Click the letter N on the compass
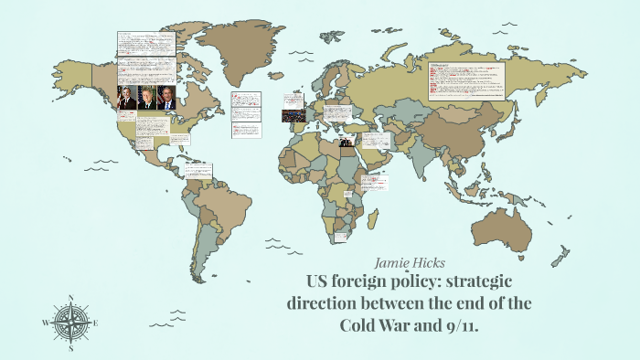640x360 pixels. pos(71,298)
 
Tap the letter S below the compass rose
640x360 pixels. pos(71,347)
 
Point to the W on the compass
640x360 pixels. pos(45,323)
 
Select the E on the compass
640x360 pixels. pos(96,323)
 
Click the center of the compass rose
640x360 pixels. pos(71,323)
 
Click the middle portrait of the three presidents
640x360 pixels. pos(147,98)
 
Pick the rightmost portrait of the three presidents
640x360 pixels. pos(167,98)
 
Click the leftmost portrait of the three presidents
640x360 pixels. pos(127,98)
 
